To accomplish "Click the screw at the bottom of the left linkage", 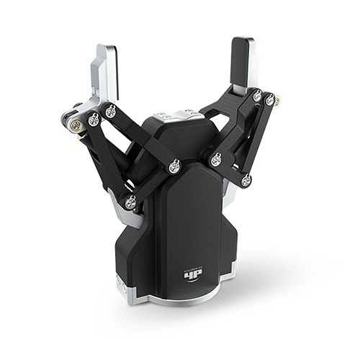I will pyautogui.click(x=130, y=203).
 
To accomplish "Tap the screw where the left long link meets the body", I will pyautogui.click(x=174, y=166).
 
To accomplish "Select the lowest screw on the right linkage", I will pyautogui.click(x=246, y=180).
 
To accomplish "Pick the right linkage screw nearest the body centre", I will pyautogui.click(x=216, y=160).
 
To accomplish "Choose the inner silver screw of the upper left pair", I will pyautogui.click(x=111, y=111).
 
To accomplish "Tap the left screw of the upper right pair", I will pyautogui.click(x=257, y=96).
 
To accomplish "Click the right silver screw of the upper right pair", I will pyautogui.click(x=270, y=100).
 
